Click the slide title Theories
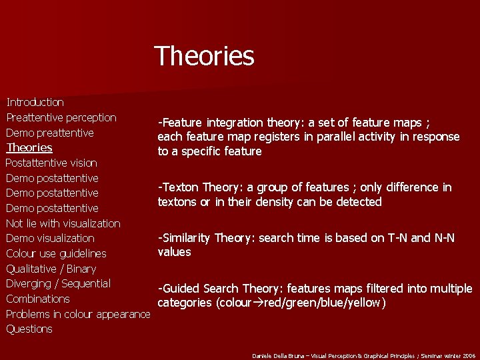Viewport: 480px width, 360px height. [x=204, y=56]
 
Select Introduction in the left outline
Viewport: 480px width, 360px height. [x=35, y=102]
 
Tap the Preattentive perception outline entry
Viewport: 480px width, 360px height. [x=61, y=117]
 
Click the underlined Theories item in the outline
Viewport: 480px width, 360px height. [x=29, y=147]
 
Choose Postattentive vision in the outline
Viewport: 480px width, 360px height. [x=51, y=163]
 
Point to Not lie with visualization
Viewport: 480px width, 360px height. [x=63, y=223]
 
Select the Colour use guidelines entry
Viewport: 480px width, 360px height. [x=56, y=253]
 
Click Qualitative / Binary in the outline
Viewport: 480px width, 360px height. [x=51, y=269]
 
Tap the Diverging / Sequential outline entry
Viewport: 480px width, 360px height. [x=58, y=283]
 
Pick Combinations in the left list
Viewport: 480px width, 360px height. [x=38, y=299]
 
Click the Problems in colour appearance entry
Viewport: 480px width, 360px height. [x=78, y=314]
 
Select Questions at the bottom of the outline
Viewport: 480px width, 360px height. [x=29, y=329]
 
